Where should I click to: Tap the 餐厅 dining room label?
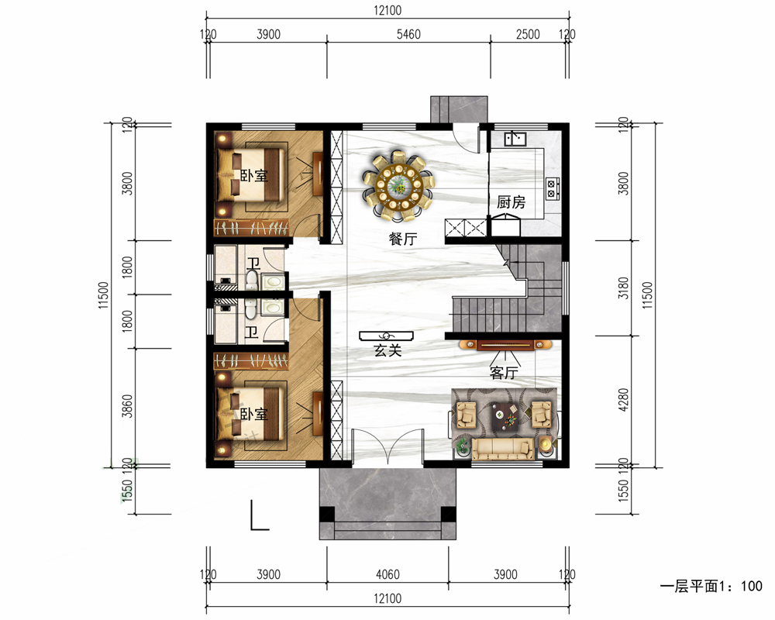(403, 239)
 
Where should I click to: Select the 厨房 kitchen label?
(511, 202)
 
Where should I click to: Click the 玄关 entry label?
(387, 350)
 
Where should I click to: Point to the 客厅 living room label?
(504, 372)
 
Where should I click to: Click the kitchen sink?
(515, 138)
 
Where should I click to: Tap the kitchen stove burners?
(552, 188)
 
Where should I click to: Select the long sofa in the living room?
(502, 449)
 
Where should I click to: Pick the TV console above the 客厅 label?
(505, 345)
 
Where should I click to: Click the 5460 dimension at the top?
(408, 34)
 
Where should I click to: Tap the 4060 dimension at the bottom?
(387, 574)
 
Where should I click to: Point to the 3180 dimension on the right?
(624, 288)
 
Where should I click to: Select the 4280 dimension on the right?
(624, 399)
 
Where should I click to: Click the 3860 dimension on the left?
(127, 406)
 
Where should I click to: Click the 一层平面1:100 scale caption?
(711, 587)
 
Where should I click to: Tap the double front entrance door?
(388, 448)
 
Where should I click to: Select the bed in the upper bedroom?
(251, 174)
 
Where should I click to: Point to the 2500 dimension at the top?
(527, 34)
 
